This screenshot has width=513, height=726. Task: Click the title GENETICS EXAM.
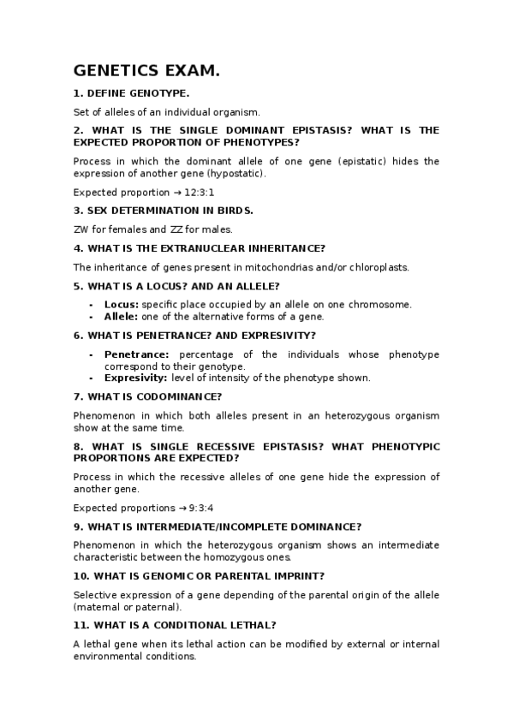click(x=146, y=71)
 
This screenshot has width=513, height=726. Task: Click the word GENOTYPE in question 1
click(x=158, y=94)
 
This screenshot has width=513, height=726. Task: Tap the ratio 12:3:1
click(x=199, y=193)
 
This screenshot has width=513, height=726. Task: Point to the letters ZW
click(x=81, y=229)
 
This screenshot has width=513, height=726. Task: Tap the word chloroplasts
click(x=379, y=267)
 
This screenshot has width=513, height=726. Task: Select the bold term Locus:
click(x=122, y=304)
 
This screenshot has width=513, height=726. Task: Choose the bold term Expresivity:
click(x=136, y=378)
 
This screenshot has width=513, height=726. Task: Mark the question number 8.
click(x=78, y=447)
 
